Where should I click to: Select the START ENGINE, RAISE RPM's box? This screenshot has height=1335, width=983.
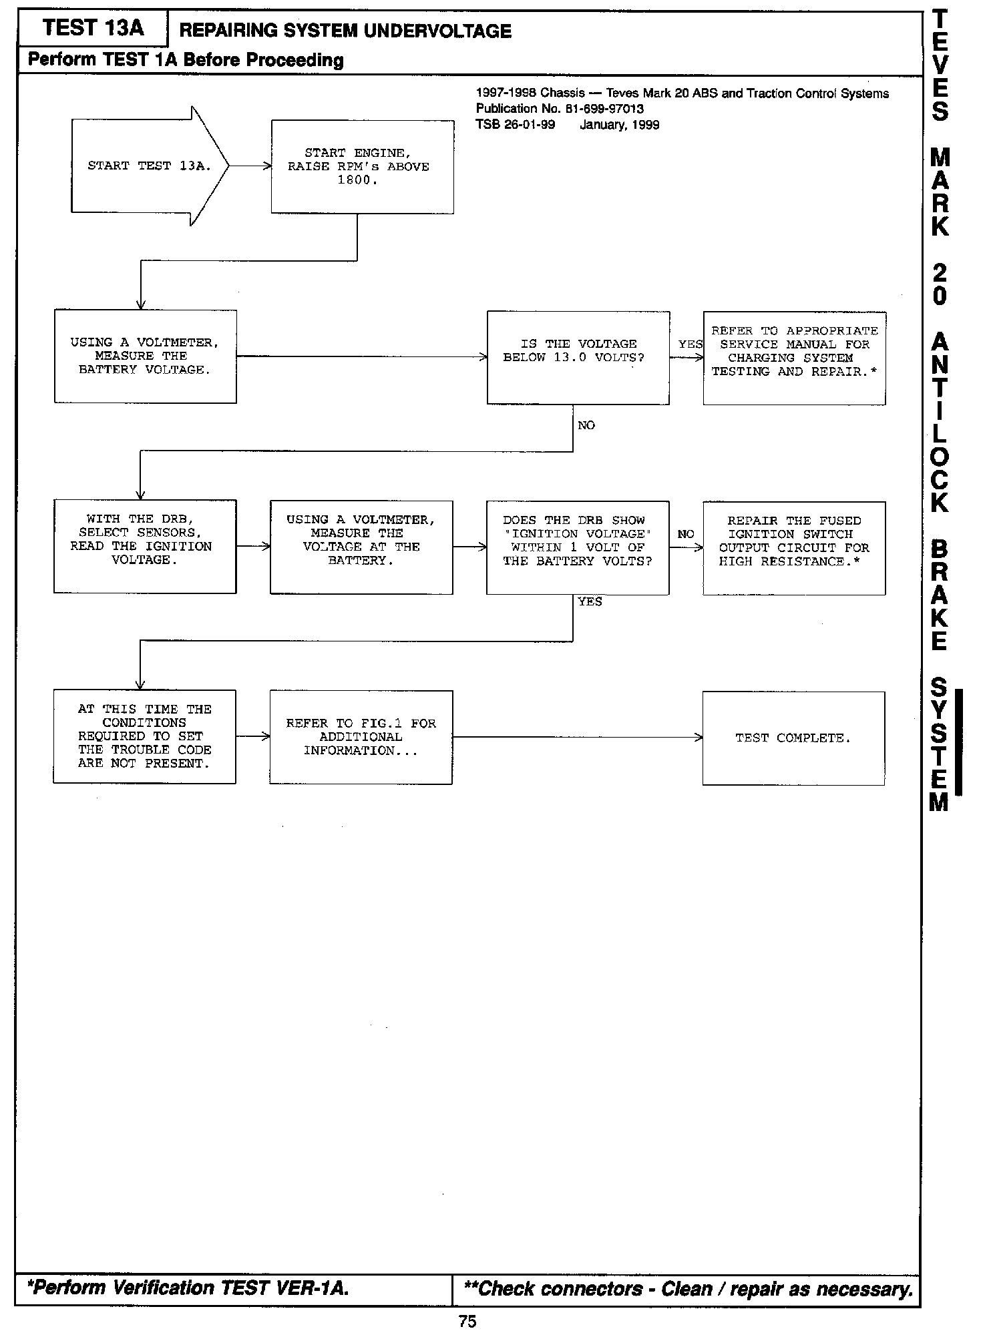point(362,167)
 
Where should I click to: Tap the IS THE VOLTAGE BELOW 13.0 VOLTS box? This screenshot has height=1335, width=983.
point(578,357)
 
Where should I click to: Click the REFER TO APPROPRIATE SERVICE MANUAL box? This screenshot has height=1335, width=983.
point(794,358)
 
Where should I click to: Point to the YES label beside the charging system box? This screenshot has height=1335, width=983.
point(690,344)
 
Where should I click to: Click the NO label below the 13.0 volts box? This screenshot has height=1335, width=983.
point(586,426)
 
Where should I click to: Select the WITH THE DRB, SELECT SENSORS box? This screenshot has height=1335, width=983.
point(145,546)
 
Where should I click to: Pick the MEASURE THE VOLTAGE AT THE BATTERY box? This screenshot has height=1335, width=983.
point(361,547)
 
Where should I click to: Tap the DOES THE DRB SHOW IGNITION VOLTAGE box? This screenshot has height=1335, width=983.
point(578,547)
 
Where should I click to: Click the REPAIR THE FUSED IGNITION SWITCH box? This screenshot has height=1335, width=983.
point(794,548)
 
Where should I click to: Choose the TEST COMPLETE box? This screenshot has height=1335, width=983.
point(793,738)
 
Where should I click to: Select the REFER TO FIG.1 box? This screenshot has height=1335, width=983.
point(361,737)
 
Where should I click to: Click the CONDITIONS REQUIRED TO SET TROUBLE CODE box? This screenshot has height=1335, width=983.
point(144,736)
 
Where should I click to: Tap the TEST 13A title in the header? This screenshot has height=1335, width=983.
point(93,28)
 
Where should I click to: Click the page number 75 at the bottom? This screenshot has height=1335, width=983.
point(467,1322)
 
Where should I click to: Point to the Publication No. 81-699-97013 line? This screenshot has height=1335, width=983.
point(560,109)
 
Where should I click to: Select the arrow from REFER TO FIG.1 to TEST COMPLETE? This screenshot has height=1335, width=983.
point(577,737)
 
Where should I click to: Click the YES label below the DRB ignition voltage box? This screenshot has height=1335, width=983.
point(590,602)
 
